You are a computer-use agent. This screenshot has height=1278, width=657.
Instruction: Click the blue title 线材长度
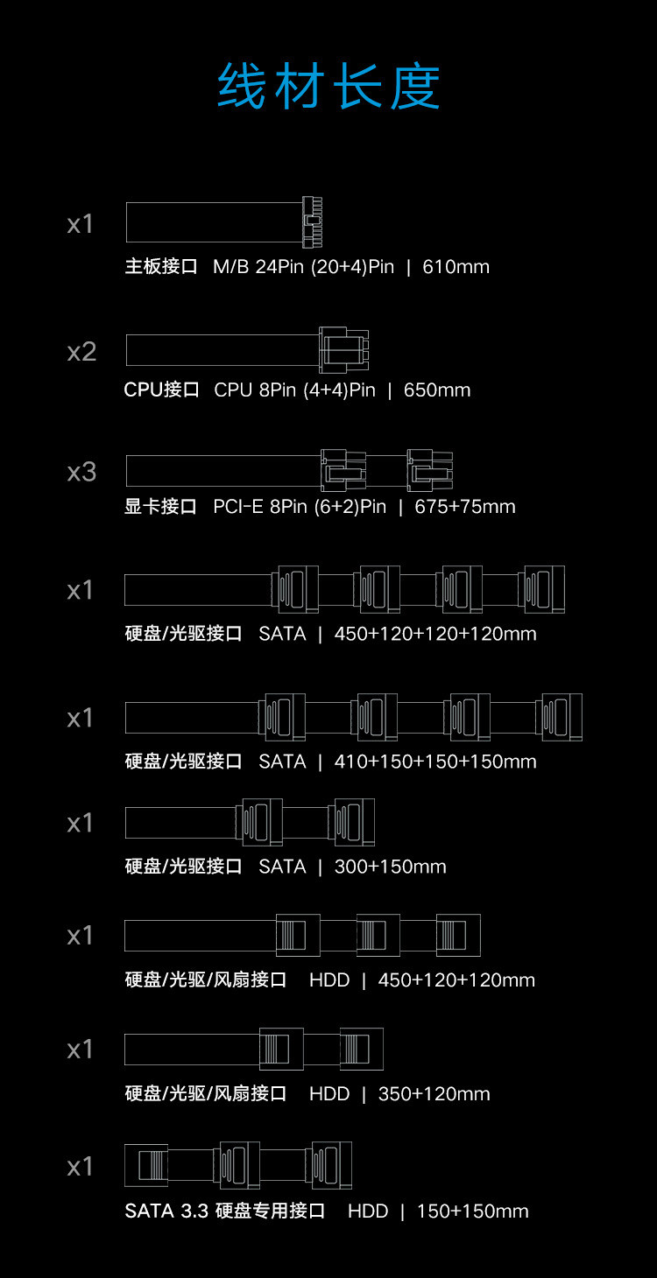pyautogui.click(x=328, y=86)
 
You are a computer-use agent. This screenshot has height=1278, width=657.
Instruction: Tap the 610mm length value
pyautogui.click(x=456, y=267)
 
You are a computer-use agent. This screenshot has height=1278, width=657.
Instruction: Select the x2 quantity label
pyautogui.click(x=81, y=352)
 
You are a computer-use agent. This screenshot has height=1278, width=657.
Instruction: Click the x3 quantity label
pyautogui.click(x=81, y=473)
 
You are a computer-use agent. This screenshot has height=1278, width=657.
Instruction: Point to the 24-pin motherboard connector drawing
pyautogui.click(x=312, y=222)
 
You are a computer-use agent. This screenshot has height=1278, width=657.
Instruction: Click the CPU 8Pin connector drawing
pyautogui.click(x=343, y=350)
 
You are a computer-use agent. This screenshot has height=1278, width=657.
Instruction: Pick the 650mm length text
pyautogui.click(x=437, y=390)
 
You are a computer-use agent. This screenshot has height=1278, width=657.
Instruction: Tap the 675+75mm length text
pyautogui.click(x=464, y=507)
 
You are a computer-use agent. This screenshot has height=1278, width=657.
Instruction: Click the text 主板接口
pyautogui.click(x=161, y=266)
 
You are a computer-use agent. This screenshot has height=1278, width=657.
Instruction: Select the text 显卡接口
pyautogui.click(x=160, y=507)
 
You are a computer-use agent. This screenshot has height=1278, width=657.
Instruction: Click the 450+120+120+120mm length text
pyautogui.click(x=435, y=634)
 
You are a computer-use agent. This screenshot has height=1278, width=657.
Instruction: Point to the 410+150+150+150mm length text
pyautogui.click(x=435, y=762)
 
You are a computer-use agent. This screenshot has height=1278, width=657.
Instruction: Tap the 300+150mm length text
pyautogui.click(x=391, y=867)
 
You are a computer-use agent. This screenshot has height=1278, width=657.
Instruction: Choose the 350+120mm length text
pyautogui.click(x=434, y=1093)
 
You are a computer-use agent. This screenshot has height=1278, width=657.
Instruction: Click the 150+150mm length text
pyautogui.click(x=473, y=1211)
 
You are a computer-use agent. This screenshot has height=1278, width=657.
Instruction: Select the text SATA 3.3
pyautogui.click(x=166, y=1211)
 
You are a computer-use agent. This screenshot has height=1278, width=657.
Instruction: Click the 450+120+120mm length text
pyautogui.click(x=456, y=980)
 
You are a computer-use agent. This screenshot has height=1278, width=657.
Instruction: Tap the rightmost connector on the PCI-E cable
pyautogui.click(x=430, y=471)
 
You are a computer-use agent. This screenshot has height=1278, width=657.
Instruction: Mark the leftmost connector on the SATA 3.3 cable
pyautogui.click(x=146, y=1166)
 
